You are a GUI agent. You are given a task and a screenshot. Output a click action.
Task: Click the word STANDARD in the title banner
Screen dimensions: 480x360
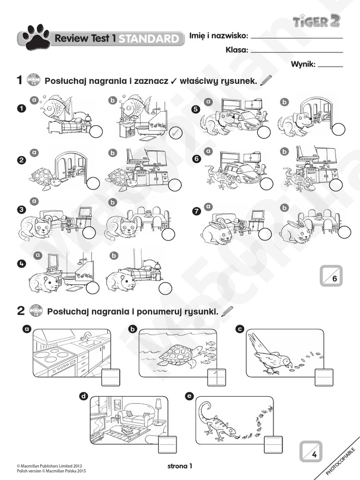pos(149,39)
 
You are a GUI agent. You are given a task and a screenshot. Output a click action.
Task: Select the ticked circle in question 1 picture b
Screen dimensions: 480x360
pos(174,134)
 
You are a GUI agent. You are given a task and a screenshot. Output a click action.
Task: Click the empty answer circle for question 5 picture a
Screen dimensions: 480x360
pos(264,133)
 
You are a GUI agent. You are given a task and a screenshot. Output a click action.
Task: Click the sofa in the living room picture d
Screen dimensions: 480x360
pos(135,416)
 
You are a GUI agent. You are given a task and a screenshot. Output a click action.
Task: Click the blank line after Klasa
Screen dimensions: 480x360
pos(296,51)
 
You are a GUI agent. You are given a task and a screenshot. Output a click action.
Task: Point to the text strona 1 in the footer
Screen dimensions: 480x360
pos(180,466)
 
